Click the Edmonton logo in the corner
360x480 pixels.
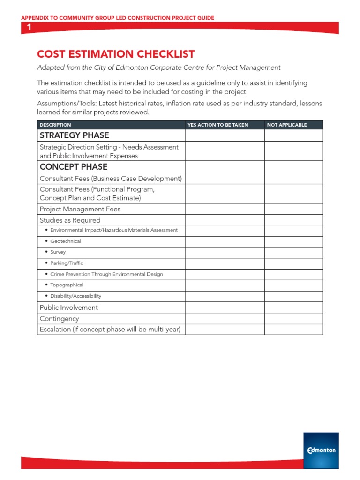point(321,450)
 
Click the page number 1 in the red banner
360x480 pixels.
point(29,27)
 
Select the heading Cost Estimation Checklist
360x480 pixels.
point(116,54)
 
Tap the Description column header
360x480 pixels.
point(55,125)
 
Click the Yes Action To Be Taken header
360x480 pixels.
point(217,125)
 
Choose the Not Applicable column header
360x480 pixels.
point(287,125)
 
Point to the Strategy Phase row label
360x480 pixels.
point(74,135)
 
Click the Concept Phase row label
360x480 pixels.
point(74,167)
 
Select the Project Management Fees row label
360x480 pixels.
point(80,209)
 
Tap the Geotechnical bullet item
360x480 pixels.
point(65,241)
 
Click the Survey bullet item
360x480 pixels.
point(58,252)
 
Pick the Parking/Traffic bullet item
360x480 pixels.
point(67,263)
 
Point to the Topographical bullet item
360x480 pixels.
point(67,285)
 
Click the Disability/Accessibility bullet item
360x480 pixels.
point(75,296)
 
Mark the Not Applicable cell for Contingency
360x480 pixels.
point(293,319)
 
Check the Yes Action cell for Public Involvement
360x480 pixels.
point(225,307)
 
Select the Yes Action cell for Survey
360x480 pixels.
point(225,252)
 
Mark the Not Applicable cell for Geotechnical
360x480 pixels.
point(293,241)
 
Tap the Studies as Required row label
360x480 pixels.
point(70,220)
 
